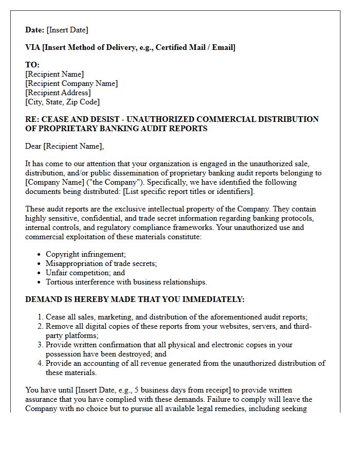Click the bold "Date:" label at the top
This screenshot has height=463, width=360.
[x=35, y=30]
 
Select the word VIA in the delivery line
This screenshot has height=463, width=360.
[x=33, y=47]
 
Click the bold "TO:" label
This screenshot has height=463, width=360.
[x=32, y=65]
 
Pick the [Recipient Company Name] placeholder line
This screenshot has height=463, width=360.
[x=71, y=83]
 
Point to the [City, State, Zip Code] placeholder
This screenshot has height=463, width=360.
[x=62, y=102]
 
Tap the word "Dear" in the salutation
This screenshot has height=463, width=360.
[x=33, y=147]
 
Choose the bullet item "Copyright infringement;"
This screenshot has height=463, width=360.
[x=85, y=254]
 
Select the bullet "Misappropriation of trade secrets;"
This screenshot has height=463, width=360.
[x=101, y=263]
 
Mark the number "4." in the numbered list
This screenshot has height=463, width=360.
[x=41, y=363]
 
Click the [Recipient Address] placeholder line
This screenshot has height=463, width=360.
[x=58, y=93]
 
